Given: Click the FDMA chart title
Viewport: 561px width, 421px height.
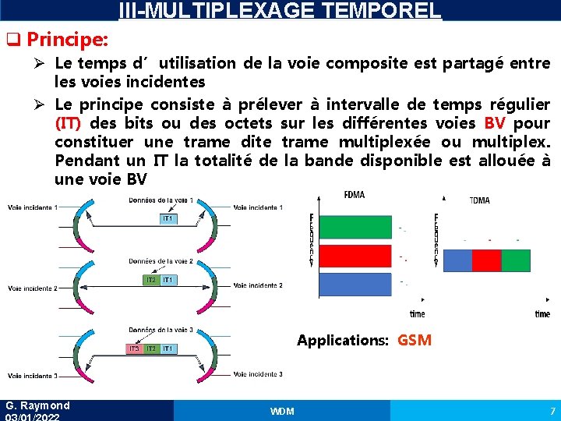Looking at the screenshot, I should pyautogui.click(x=354, y=195).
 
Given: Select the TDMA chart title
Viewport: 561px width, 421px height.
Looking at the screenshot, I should pyautogui.click(x=479, y=200).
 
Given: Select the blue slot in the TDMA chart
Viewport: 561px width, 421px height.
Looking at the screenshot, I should pyautogui.click(x=457, y=260).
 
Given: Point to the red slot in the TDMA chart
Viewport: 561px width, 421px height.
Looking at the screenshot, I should pyautogui.click(x=486, y=260).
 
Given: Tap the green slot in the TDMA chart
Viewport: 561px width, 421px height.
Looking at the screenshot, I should pyautogui.click(x=515, y=260).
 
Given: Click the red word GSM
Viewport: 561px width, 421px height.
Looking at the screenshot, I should pyautogui.click(x=414, y=340).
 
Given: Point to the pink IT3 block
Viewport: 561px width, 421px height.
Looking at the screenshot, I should pyautogui.click(x=134, y=348).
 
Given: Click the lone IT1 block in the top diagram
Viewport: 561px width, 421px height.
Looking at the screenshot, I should pyautogui.click(x=168, y=219).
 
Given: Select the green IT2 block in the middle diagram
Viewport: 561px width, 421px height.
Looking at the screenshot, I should pyautogui.click(x=150, y=279).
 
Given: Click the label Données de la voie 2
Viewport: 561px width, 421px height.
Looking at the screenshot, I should pyautogui.click(x=161, y=261).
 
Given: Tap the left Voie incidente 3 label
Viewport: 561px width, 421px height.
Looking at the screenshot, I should pyautogui.click(x=32, y=376).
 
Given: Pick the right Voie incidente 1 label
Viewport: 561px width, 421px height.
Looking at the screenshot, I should pyautogui.click(x=258, y=207).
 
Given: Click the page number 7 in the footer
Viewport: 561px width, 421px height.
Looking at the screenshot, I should pyautogui.click(x=552, y=411).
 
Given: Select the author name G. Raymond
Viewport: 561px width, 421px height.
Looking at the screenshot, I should pyautogui.click(x=37, y=405).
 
